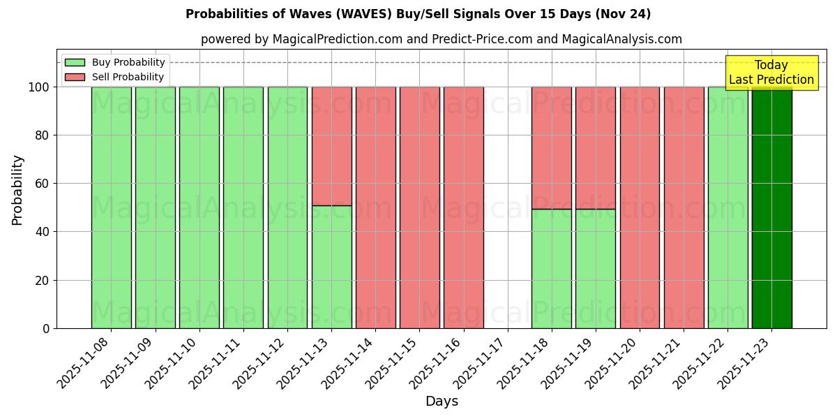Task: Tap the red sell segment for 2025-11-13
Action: (331, 146)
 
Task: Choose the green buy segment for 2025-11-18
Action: (551, 269)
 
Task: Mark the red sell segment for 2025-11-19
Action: (595, 147)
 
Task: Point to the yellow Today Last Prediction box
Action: (771, 73)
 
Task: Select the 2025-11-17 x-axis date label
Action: (481, 367)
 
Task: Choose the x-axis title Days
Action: (442, 402)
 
